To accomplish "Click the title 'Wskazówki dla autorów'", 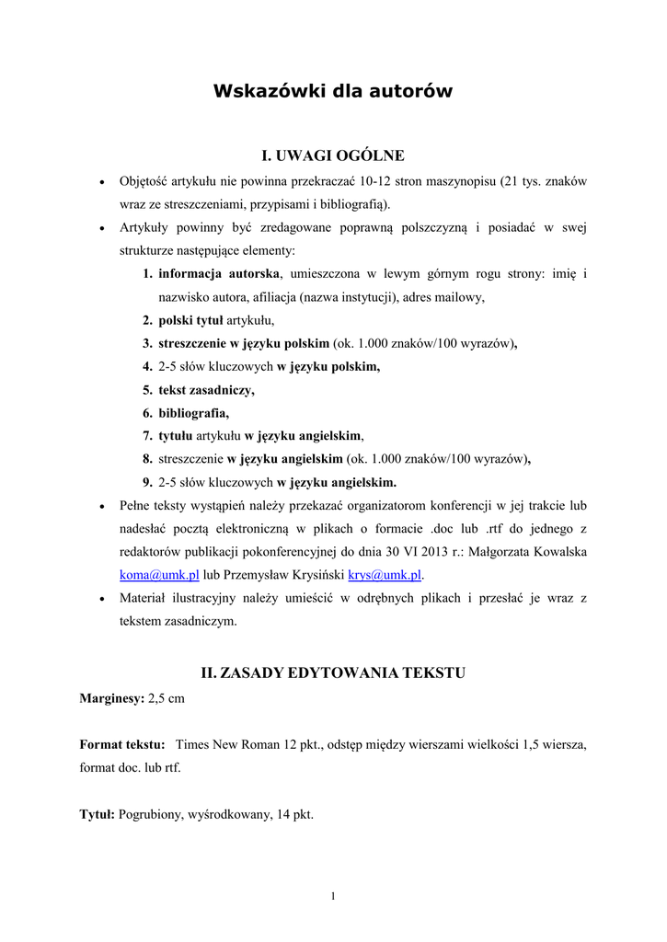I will (333, 91).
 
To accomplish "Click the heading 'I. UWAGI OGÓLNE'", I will (333, 155).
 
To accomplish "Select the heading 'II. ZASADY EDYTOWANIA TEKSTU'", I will (333, 673).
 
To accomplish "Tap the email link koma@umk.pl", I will (159, 575).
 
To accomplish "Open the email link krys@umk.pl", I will (384, 575).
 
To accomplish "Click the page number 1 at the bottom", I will (333, 896).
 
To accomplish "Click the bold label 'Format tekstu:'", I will (122, 743).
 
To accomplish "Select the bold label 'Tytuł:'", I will (97, 814).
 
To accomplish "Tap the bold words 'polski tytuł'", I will (190, 320).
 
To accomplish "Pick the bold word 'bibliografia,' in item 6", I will (193, 413).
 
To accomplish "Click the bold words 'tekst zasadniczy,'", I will (206, 390).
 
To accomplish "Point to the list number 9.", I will (147, 482).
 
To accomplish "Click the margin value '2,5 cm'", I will (167, 698).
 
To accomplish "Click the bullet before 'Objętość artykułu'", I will (100, 182).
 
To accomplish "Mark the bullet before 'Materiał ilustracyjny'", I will (100, 599).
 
